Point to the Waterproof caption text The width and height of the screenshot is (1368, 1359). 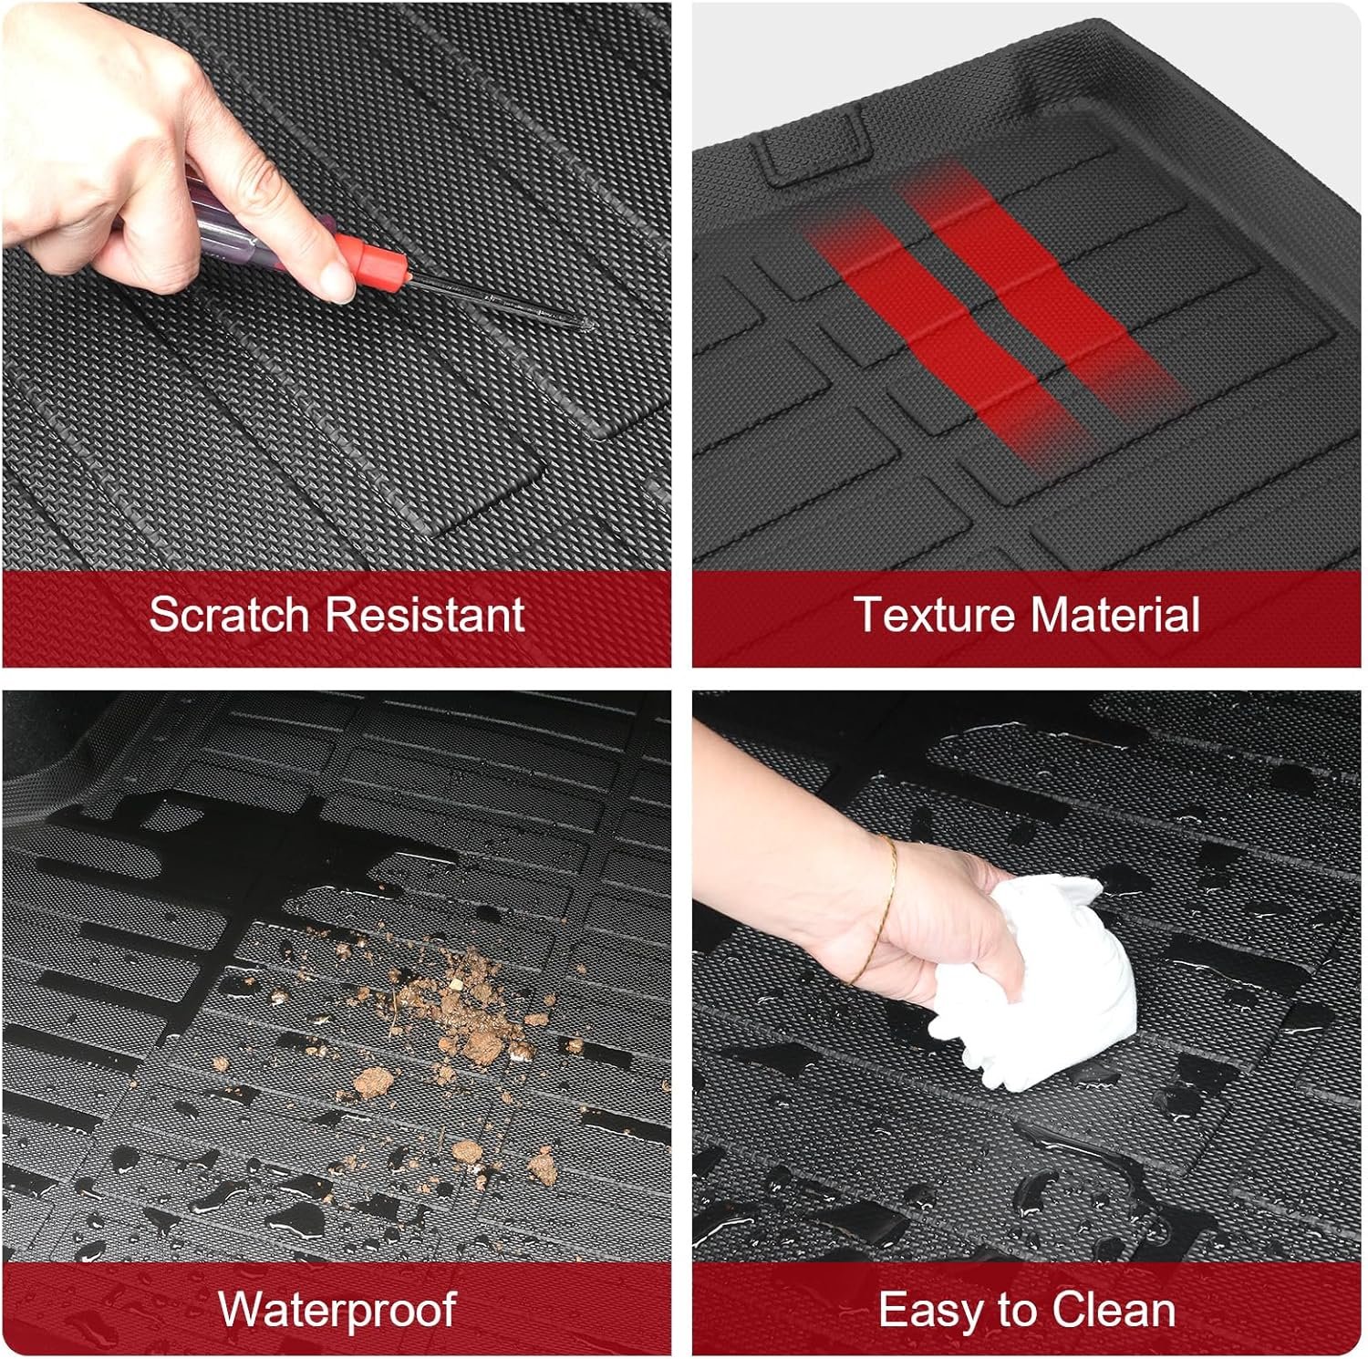337,1310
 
